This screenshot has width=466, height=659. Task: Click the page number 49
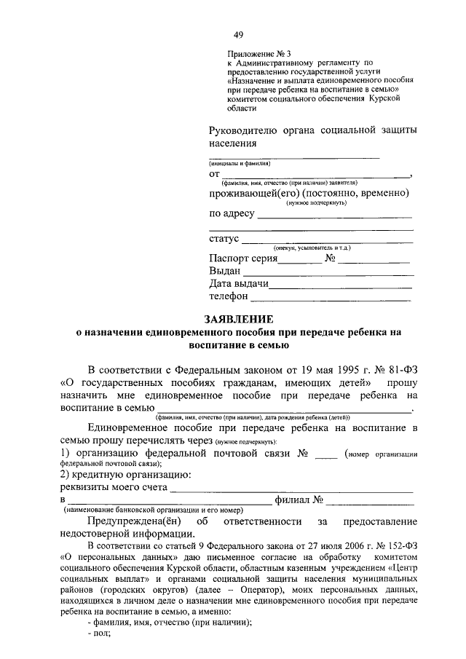coord(238,35)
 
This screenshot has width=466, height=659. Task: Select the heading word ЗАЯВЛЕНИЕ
coord(238,319)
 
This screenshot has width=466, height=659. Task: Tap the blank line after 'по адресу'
coord(334,216)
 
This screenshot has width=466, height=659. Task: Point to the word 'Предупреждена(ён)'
coord(135,522)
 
